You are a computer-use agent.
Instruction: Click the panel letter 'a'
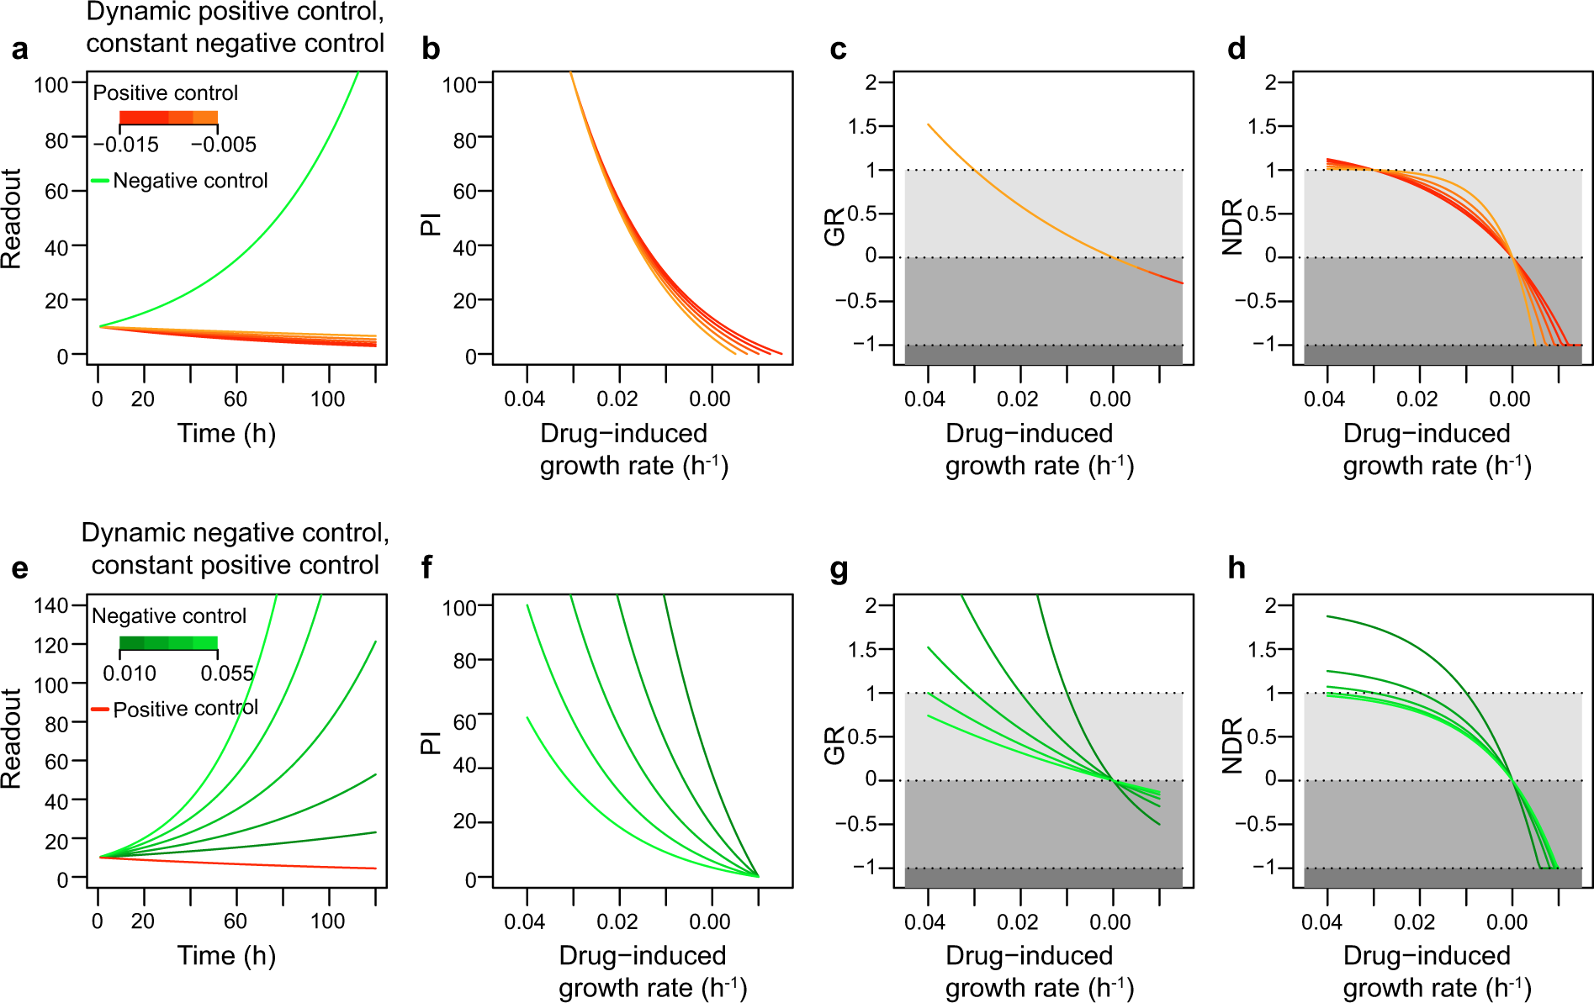coord(19,50)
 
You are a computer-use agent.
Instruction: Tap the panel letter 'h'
coord(1236,569)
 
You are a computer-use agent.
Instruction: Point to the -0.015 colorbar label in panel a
coord(125,145)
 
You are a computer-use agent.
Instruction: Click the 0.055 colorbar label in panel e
coord(227,673)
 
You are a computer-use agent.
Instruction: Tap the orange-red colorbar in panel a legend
coord(168,118)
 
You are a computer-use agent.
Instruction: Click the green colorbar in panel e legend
coord(168,644)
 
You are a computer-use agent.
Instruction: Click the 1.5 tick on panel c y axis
coord(862,127)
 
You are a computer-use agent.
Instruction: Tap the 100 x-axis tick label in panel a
coord(327,399)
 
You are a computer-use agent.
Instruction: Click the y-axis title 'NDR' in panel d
coord(1232,227)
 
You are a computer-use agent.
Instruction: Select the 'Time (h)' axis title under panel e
coord(226,956)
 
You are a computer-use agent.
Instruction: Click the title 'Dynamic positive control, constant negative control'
coord(236,28)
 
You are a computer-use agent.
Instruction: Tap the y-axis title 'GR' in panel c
coord(834,227)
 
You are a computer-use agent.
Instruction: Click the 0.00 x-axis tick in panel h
coord(1506,921)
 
